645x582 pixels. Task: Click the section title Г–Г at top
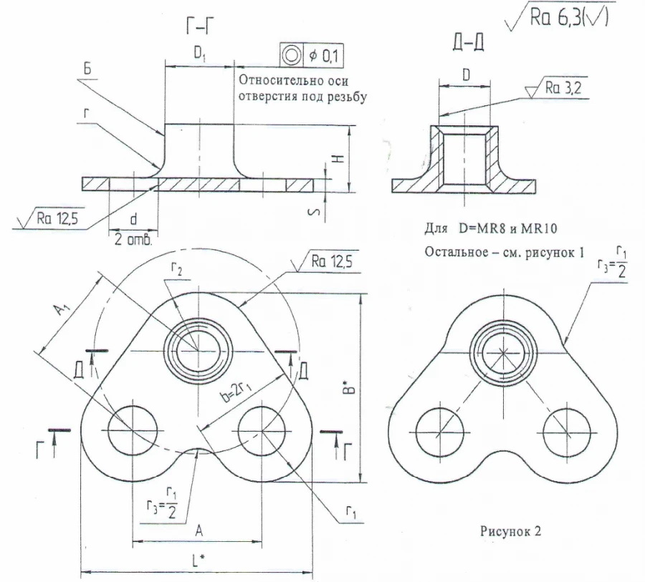tap(199, 29)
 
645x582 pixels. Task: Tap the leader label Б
tap(87, 69)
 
